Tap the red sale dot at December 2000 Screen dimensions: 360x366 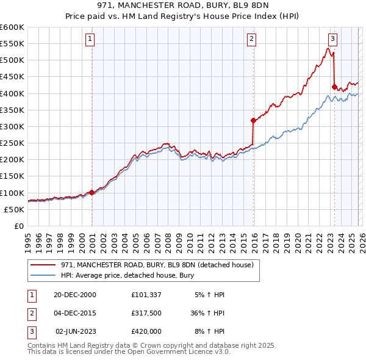pos(91,192)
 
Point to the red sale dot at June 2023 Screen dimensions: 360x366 pos(334,87)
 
